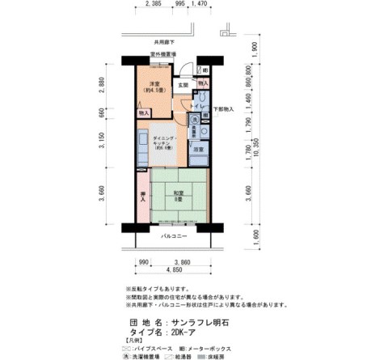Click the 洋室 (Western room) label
[153, 85]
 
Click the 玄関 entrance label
[183, 84]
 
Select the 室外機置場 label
[163, 55]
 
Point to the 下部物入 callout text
[223, 108]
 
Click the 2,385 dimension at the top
[152, 4]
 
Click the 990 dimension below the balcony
[143, 263]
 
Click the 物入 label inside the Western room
[143, 113]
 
